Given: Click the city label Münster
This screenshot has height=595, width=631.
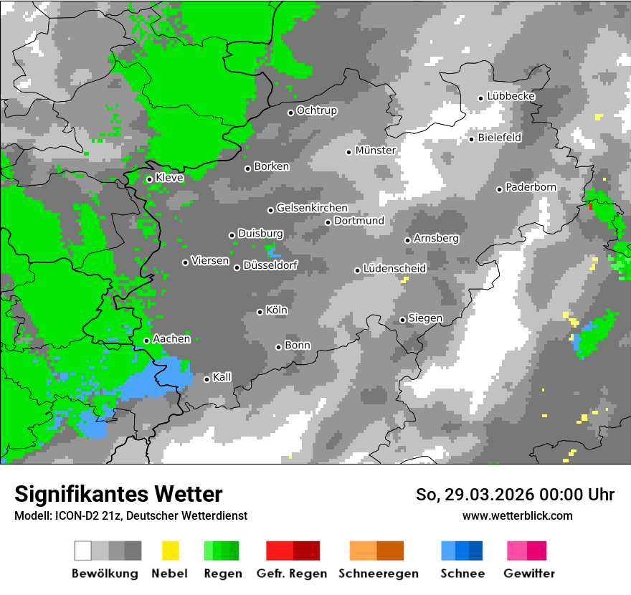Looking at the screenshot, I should (376, 151).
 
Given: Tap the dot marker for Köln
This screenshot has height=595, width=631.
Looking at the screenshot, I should (260, 312).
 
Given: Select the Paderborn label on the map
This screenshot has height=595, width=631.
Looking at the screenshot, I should (531, 187).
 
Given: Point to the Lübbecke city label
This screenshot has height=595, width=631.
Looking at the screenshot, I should (511, 96).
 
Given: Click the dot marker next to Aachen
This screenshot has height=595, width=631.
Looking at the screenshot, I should (146, 341).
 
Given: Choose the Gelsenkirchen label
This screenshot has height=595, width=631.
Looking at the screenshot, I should (312, 208).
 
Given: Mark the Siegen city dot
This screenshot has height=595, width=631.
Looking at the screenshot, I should (403, 320).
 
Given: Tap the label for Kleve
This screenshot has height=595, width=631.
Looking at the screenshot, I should (169, 177).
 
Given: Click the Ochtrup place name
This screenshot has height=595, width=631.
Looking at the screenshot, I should (316, 110).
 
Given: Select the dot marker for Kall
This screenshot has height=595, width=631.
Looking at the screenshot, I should (207, 379).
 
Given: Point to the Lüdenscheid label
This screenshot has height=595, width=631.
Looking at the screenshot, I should (394, 268).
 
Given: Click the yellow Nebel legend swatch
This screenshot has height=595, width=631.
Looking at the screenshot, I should (170, 551).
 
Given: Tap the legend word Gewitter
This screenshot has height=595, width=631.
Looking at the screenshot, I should (528, 573).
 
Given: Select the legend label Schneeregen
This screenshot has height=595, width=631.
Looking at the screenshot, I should (378, 573).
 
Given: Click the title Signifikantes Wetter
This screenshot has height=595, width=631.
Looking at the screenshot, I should (118, 494).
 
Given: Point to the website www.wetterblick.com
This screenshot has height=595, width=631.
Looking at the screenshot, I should (518, 515).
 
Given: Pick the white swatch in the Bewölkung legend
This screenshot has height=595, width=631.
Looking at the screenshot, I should (83, 551).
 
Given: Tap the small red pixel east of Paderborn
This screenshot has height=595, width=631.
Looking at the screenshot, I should (590, 206).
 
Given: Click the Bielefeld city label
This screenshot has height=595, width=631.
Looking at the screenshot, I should (499, 137).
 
